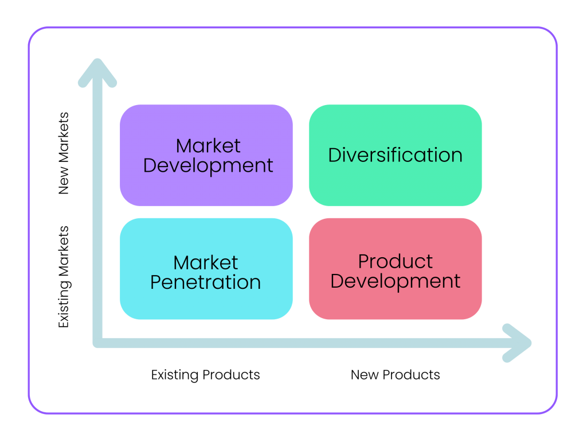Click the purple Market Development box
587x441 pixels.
[x=206, y=123]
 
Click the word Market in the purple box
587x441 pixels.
[x=208, y=146]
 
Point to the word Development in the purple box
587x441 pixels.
[x=208, y=165]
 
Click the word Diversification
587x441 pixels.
[x=395, y=155]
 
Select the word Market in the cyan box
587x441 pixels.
[x=206, y=263]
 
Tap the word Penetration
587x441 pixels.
[x=206, y=283]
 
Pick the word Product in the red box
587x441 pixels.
[x=396, y=262]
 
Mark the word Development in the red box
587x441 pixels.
[x=396, y=281]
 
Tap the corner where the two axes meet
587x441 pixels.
[x=98, y=343]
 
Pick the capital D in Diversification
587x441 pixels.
[x=335, y=155]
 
